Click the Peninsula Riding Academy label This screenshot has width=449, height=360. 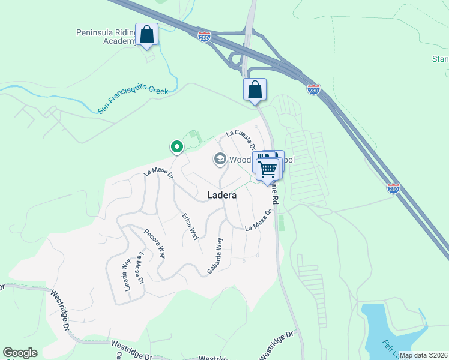coord(105,36)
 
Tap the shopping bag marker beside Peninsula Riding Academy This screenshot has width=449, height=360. coord(147,35)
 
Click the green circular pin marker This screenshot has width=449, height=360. coord(176,146)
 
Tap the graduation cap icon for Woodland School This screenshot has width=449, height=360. coord(220,159)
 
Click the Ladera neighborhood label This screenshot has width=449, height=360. coord(221,195)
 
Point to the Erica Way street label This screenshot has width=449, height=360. coord(190,226)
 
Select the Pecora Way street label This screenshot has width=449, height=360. coord(155,242)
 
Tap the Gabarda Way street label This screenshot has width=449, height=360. coord(215,256)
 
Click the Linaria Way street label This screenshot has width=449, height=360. coord(127,273)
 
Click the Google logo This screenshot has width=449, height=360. coord(20,353)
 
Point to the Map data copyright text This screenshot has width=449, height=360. coord(422,355)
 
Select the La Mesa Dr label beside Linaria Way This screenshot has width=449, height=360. coord(139,268)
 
